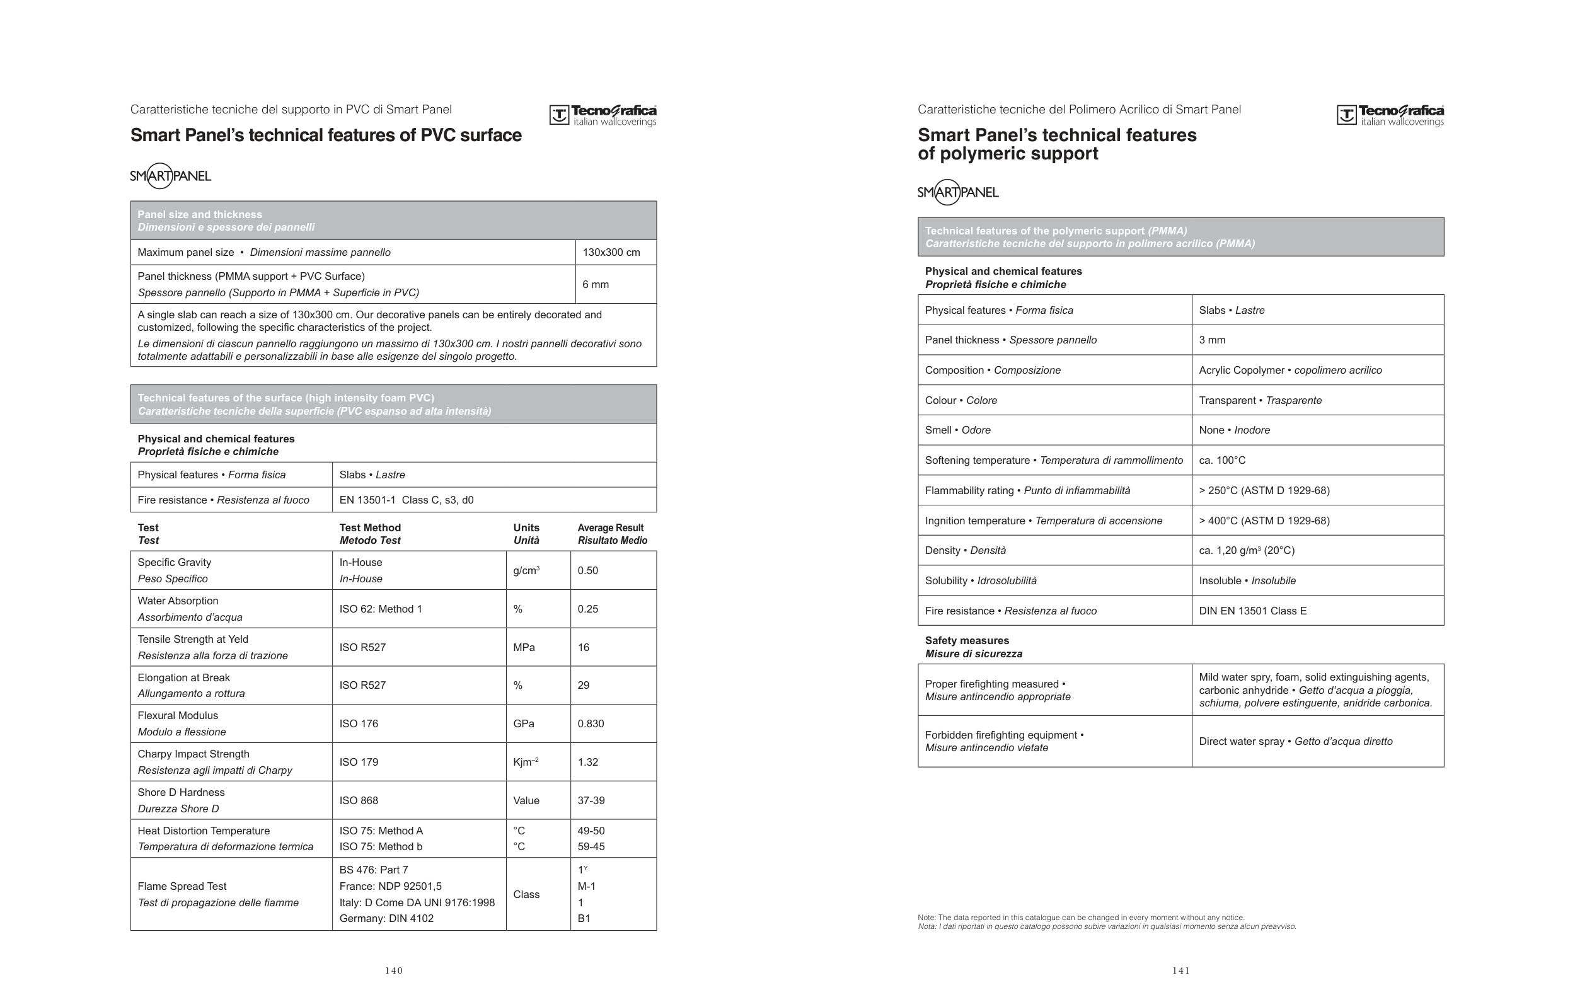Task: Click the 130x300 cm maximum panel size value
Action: [611, 253]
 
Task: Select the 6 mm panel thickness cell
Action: [596, 284]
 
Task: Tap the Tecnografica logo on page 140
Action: [603, 115]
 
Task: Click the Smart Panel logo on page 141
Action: [957, 192]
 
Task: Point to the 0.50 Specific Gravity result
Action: [587, 570]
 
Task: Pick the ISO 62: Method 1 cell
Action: [381, 609]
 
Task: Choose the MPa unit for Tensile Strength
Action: [524, 647]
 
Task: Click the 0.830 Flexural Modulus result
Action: [591, 723]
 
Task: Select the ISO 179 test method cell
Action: [359, 762]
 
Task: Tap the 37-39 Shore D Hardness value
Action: [591, 800]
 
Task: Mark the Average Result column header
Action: [611, 534]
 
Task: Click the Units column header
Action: [526, 534]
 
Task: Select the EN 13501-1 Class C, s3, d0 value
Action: [406, 500]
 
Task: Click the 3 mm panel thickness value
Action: [1212, 340]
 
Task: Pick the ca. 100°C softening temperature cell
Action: [1222, 461]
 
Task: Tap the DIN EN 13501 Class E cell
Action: [1252, 611]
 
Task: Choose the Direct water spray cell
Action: [1295, 742]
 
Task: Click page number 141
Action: [1180, 970]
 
